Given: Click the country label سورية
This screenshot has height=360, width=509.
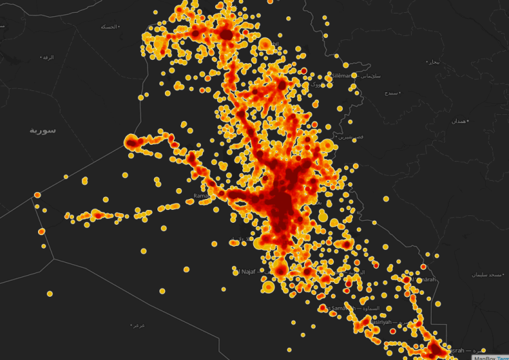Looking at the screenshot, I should [x=42, y=130].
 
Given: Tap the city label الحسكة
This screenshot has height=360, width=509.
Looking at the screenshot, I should [x=109, y=26].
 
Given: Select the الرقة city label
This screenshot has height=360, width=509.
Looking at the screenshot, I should [x=47, y=57].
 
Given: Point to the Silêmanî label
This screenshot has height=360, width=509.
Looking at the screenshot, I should [x=341, y=75].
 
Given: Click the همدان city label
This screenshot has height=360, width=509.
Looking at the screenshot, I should [x=459, y=121].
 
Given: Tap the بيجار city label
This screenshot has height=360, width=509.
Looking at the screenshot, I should [x=433, y=62].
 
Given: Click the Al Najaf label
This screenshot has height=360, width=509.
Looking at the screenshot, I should [x=244, y=272].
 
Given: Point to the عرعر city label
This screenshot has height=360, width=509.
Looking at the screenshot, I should [x=138, y=325].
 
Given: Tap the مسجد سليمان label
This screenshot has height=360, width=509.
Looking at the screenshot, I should [x=486, y=274].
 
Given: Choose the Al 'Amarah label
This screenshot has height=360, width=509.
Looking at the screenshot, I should [x=423, y=279].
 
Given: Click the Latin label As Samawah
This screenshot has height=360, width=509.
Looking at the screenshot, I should [x=343, y=308].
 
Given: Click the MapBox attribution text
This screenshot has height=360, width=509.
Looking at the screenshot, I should [x=485, y=357].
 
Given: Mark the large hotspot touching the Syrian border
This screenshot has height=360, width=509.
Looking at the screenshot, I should [x=132, y=143].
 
